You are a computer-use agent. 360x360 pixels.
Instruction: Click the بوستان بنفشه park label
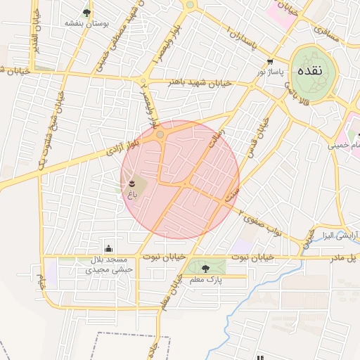pos(87,23)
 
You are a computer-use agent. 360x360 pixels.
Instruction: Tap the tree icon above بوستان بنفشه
pos(86,12)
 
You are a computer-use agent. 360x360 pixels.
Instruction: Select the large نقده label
pos(310,72)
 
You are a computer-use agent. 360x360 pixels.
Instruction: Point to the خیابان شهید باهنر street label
pos(199,82)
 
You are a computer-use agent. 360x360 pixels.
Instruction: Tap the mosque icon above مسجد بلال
pos(108,247)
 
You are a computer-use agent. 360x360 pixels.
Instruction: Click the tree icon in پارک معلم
pos(205,268)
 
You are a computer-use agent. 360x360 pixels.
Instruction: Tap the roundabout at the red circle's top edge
pos(160,134)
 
